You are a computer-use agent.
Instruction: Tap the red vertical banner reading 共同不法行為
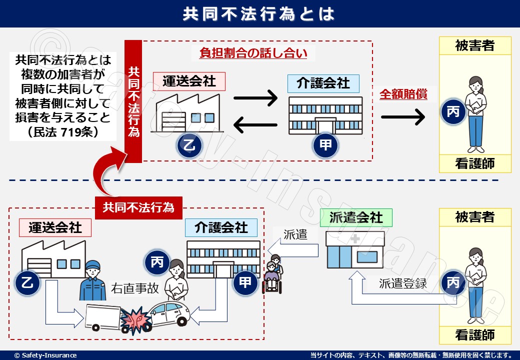pos(133,101)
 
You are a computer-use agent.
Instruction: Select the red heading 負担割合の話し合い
pos(253,53)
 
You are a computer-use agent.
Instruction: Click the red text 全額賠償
pos(403,94)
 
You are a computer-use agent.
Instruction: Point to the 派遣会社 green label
pos(356,217)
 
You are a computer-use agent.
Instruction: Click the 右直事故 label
pos(134,288)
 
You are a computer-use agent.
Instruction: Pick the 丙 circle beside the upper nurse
pos(453,112)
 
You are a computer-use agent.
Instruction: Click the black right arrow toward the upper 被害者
pos(403,117)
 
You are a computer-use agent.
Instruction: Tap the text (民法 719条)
pos(63,132)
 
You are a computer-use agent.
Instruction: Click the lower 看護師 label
pos(475,334)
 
